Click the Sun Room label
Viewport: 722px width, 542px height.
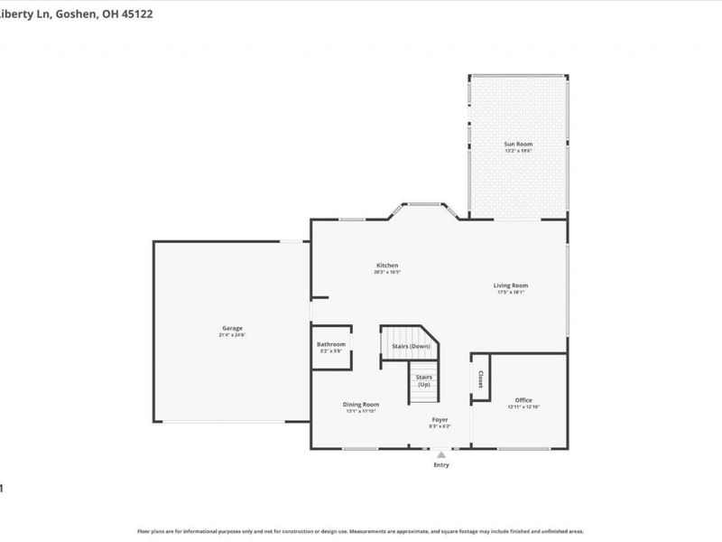point(517,144)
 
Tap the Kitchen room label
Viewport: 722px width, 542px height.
point(387,266)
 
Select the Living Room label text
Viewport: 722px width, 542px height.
point(511,285)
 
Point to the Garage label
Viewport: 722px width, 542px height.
point(232,328)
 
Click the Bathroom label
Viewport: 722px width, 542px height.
point(330,344)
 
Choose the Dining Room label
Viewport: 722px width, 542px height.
point(360,404)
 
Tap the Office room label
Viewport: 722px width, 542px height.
point(523,400)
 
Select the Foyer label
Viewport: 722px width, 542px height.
point(440,420)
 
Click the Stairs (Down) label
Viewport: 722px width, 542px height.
point(411,347)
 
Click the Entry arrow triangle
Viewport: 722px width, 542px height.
point(440,455)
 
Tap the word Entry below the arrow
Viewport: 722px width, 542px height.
point(440,465)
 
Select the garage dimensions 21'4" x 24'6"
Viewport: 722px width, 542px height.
point(232,335)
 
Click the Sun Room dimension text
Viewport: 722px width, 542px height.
point(517,151)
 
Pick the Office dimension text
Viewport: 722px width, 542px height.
point(523,407)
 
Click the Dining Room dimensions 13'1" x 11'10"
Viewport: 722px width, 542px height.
point(360,411)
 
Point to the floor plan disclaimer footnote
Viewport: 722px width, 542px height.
point(360,531)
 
